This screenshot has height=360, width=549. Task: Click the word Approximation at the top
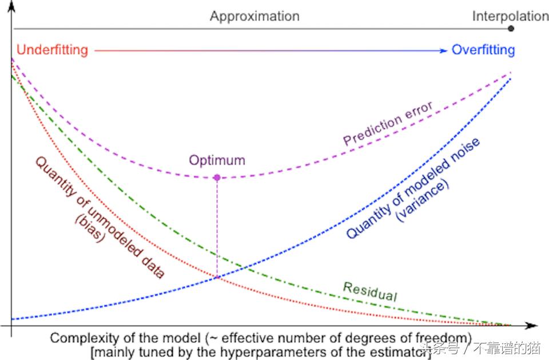point(254,16)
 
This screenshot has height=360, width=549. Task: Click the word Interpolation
point(510,16)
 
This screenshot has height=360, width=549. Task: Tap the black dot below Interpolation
point(511,28)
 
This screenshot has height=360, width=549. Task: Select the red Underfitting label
point(52,50)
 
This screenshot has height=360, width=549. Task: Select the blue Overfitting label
point(483,50)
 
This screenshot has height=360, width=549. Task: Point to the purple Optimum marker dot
point(217,177)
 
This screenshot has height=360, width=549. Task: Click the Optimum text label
point(217,160)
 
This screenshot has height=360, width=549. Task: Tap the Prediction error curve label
point(387,123)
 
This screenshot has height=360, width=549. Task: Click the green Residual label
point(369,291)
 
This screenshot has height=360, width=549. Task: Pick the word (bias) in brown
point(90,228)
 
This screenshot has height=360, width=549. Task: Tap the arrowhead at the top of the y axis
point(11,5)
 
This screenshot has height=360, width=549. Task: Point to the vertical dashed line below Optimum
point(217,229)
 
